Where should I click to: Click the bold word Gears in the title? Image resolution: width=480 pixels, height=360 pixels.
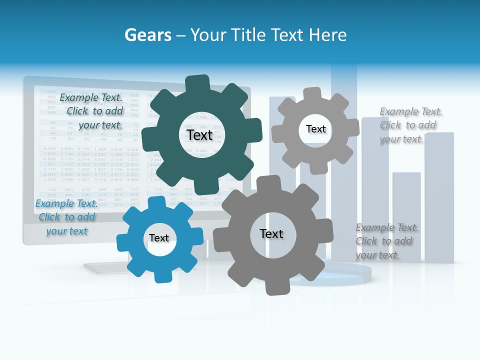point(147,35)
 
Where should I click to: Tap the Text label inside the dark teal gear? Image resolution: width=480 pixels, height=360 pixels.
point(199,135)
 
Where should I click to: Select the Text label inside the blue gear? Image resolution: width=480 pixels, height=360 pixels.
point(159,238)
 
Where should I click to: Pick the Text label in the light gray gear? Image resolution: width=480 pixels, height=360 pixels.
point(315,129)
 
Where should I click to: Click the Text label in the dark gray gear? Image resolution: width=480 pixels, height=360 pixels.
point(271,233)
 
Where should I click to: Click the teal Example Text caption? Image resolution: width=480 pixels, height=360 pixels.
point(91,111)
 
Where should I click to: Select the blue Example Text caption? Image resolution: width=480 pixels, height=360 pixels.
point(66,217)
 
